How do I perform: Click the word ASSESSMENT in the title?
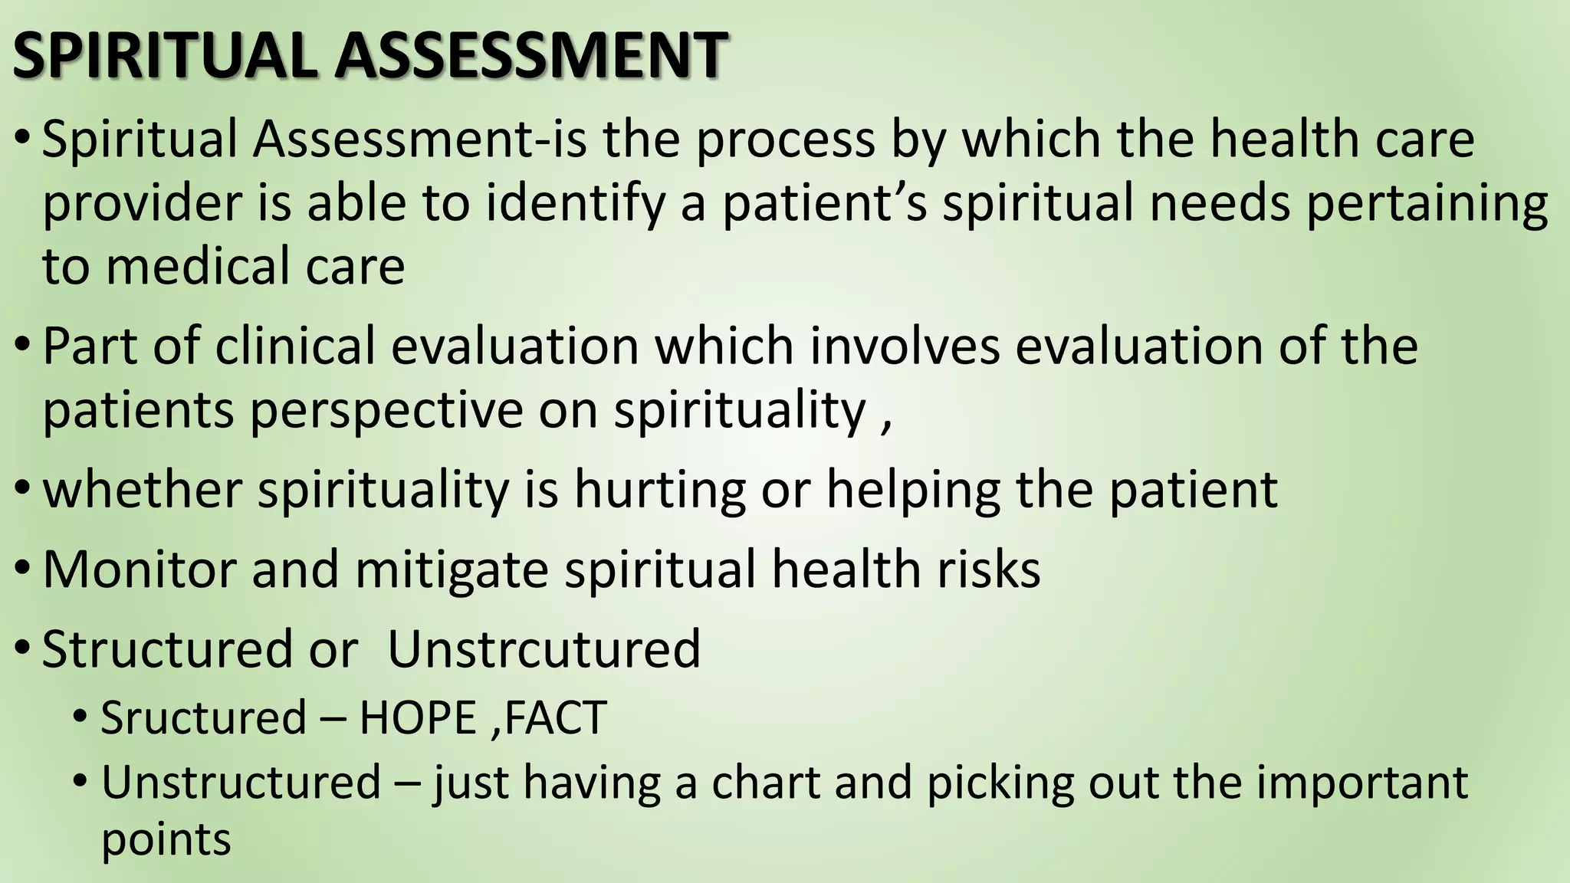[x=530, y=55]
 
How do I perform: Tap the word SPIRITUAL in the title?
[x=165, y=55]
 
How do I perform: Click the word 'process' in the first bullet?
[x=785, y=140]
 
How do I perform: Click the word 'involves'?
[x=905, y=346]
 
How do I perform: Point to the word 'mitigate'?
[x=452, y=571]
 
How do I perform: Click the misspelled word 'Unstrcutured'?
[x=544, y=649]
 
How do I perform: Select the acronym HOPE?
[x=418, y=718]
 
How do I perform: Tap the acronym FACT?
[x=555, y=718]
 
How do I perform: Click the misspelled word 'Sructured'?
[x=204, y=718]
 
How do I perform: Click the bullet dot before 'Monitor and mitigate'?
[x=23, y=570]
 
